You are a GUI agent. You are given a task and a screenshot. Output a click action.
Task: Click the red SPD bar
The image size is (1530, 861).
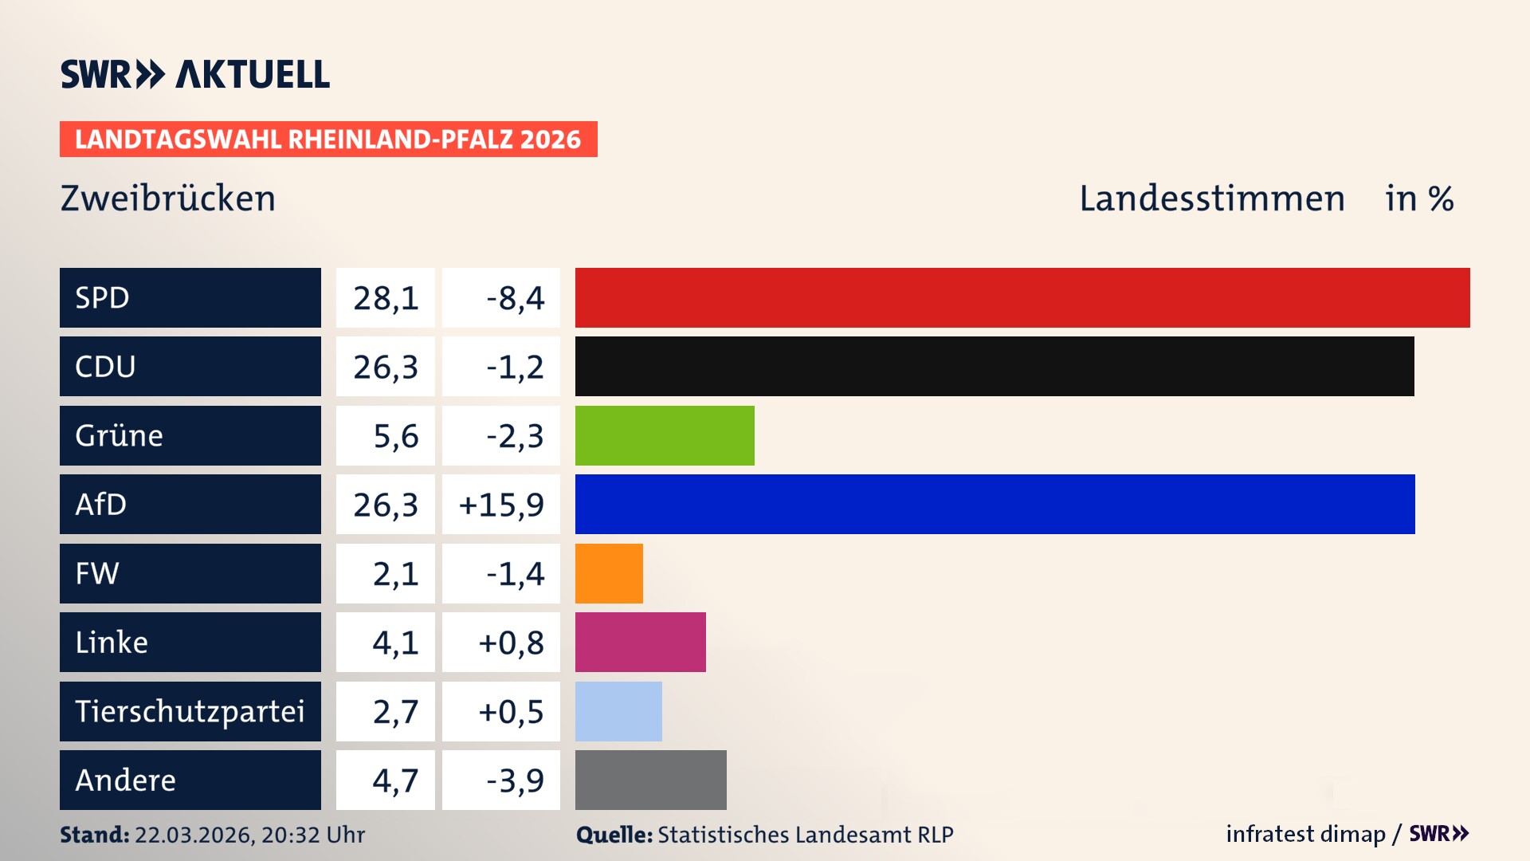(x=1022, y=297)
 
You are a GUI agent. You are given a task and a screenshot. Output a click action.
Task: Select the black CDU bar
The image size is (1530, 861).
(x=994, y=366)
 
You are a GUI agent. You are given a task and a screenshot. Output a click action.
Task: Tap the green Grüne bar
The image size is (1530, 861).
(x=664, y=435)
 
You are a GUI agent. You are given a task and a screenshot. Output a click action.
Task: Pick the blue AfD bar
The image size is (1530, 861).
(x=994, y=504)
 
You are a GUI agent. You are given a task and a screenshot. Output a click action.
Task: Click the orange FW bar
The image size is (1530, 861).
(x=609, y=573)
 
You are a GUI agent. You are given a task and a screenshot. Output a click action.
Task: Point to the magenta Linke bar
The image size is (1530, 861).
(x=640, y=642)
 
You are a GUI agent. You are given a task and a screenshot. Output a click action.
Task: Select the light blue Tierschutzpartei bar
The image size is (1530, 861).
(x=618, y=711)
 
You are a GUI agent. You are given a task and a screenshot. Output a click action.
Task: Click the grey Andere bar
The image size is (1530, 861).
(x=650, y=780)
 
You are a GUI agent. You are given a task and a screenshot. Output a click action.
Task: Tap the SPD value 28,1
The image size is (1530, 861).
(x=386, y=298)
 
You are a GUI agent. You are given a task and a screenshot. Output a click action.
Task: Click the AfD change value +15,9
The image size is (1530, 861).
(x=501, y=505)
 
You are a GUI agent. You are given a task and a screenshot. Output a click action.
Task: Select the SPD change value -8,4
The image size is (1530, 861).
(x=515, y=298)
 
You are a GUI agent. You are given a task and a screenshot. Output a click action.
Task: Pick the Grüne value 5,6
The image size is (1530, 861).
(x=395, y=436)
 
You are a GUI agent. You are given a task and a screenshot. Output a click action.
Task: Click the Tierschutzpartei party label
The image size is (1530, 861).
(x=190, y=711)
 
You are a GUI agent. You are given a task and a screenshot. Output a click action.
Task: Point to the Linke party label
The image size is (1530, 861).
(x=112, y=642)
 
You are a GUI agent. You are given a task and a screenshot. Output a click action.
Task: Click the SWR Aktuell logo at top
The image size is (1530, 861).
(x=194, y=74)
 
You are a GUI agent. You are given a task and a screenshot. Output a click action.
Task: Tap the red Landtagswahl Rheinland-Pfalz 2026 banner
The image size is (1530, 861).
(x=328, y=139)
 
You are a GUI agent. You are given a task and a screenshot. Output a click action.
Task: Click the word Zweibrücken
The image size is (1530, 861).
(x=168, y=198)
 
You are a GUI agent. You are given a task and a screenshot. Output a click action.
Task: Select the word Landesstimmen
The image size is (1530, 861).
(x=1211, y=198)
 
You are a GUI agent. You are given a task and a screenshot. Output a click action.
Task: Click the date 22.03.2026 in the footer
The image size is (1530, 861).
(x=194, y=835)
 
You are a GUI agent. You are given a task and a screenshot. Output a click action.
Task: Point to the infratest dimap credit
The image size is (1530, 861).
(x=1304, y=834)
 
